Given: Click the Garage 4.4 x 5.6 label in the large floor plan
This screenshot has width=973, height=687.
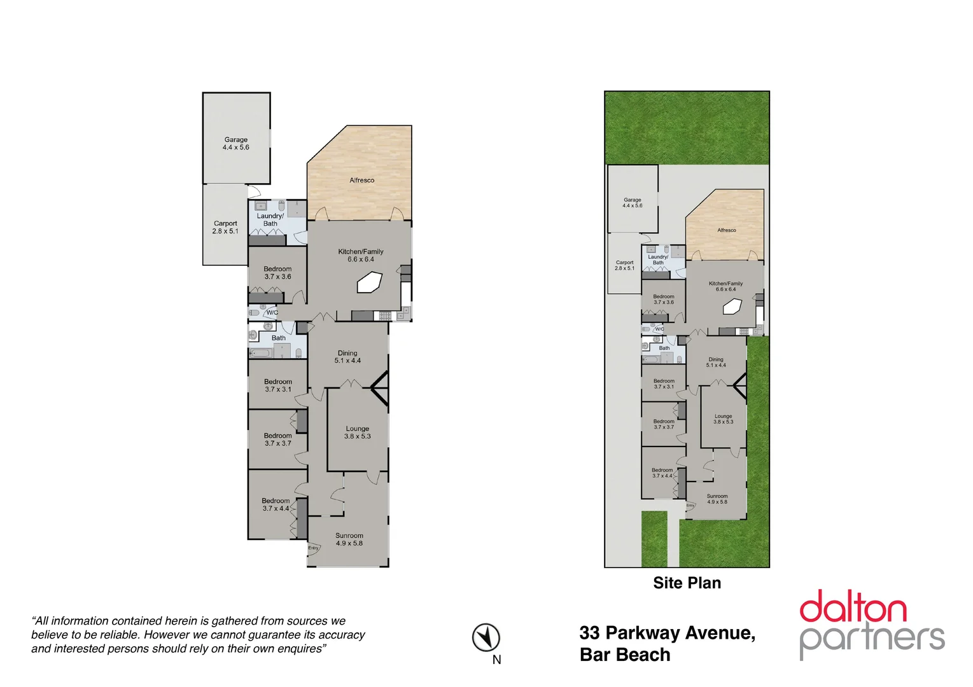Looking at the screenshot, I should [x=235, y=144].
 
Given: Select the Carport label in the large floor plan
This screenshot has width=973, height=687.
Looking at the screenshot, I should [x=225, y=224].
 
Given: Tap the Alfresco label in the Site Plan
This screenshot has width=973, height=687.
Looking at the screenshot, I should [x=726, y=230].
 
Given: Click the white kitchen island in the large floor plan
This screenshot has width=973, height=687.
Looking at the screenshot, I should [x=369, y=282].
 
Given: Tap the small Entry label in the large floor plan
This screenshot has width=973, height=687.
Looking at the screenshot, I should [x=313, y=548].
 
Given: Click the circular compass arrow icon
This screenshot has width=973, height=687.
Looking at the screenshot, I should [x=486, y=637].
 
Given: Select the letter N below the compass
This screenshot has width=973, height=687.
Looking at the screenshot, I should [x=496, y=660].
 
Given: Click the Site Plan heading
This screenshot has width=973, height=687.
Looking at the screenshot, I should [x=687, y=583].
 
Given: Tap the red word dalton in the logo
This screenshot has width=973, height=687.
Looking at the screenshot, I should [x=853, y=607].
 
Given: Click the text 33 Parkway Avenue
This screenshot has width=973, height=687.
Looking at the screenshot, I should [x=667, y=633].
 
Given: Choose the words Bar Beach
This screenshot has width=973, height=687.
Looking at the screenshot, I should [x=624, y=655].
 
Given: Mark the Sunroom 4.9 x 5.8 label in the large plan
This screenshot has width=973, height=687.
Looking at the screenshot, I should [x=349, y=539].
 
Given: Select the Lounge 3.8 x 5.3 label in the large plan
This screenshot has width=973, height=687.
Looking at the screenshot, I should [x=357, y=433].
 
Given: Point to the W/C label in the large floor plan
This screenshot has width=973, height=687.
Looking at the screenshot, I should [x=272, y=312].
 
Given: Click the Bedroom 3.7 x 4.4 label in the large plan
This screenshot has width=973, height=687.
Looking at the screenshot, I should [x=276, y=504].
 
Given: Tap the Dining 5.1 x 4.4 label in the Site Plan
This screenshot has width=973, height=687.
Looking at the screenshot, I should [x=716, y=362].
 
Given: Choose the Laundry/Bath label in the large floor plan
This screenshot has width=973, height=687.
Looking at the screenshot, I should [x=270, y=219].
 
